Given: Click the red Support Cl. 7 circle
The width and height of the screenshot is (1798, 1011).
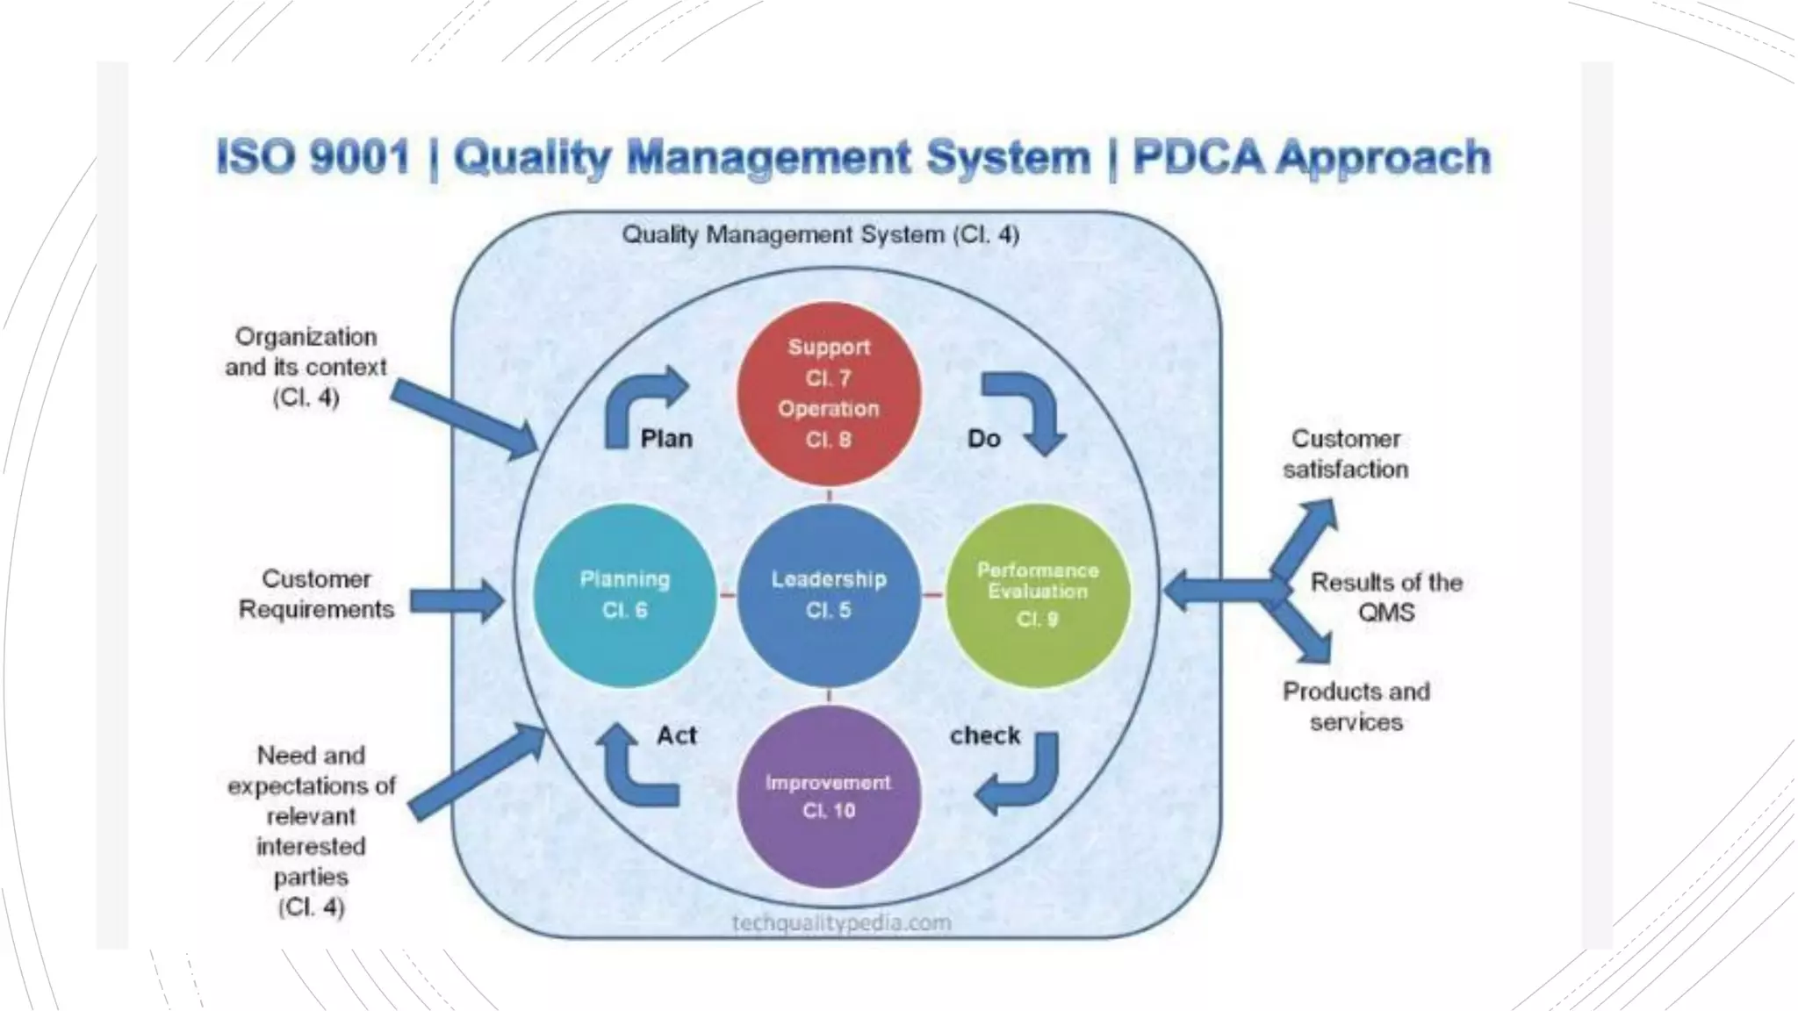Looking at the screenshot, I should pos(828,393).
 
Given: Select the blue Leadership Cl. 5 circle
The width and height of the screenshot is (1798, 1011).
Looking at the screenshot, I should pos(829,595).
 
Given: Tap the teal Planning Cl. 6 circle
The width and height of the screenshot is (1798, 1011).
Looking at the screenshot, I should pos(624,595).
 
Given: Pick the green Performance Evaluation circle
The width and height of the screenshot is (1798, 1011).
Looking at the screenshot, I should pos(1038,595).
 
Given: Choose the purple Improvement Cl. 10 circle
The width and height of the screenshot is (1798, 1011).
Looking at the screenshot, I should pos(828,797).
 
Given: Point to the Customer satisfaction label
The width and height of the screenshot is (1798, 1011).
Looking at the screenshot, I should pos(1345,454).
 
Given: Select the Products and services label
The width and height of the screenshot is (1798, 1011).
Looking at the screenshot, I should pos(1356,706).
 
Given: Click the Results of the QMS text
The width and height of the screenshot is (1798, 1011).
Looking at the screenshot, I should pos(1386,597).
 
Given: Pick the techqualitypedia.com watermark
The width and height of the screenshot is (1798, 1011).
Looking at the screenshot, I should pos(841,922).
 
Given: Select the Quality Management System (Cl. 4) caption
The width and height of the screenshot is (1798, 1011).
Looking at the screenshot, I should pos(820,234).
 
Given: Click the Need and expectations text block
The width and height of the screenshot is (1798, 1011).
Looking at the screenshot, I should pos(311,829).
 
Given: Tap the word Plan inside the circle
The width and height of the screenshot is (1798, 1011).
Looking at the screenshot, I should pos(666,438).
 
